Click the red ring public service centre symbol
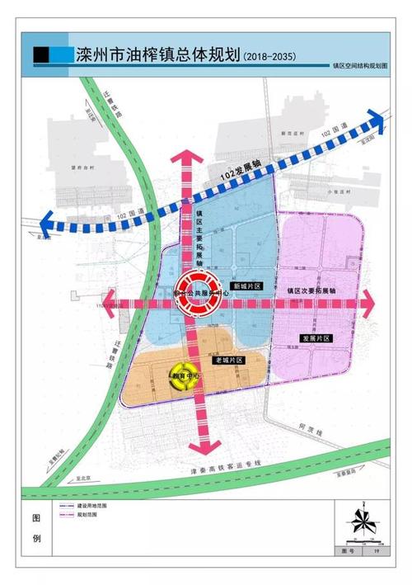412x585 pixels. coord(198,295)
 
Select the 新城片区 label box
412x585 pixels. coord(246,285)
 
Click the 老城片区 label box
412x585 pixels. coord(227,361)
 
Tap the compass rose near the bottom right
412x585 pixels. coord(360,523)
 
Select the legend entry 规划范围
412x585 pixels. coord(87,515)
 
